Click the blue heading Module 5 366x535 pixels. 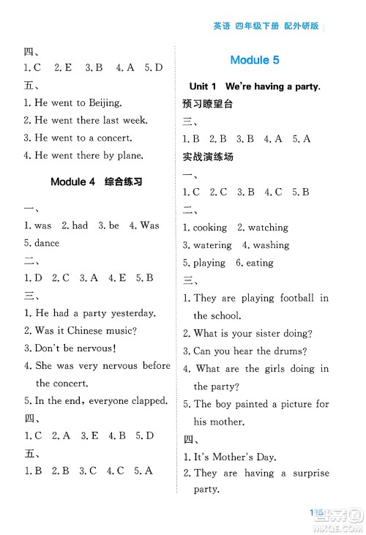coord(254,60)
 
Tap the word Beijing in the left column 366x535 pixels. coord(101,103)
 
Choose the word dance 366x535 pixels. coord(47,243)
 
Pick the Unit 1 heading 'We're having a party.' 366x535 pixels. coord(254,86)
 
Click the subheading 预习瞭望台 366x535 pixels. coord(207,104)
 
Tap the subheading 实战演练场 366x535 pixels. coord(207,157)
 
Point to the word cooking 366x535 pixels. coord(210,228)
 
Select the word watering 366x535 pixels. coord(212,245)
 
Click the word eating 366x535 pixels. coord(261,263)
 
